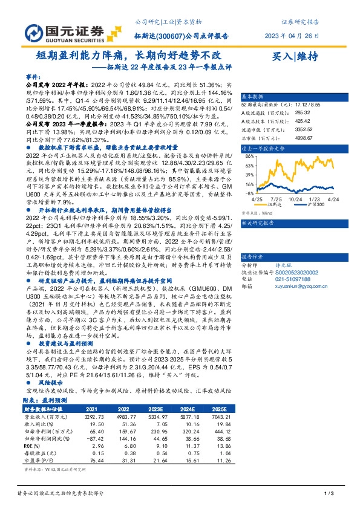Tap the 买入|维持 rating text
[295, 56]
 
